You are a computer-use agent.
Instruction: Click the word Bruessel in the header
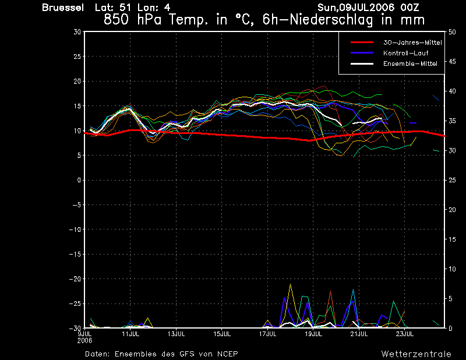point(63,8)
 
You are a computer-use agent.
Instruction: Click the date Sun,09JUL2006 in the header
point(356,8)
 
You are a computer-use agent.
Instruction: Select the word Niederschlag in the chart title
point(331,20)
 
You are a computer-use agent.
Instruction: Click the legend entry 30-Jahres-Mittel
point(412,43)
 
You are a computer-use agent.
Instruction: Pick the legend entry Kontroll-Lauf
point(405,53)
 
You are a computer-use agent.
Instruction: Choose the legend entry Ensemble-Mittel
point(410,63)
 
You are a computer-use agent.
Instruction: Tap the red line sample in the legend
point(362,43)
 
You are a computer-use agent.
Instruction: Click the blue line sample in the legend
point(362,53)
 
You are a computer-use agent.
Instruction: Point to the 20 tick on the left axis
point(77,81)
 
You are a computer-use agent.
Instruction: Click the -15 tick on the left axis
point(75,255)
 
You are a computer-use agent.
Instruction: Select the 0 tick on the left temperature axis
point(79,180)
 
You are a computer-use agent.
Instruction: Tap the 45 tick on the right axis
point(452,62)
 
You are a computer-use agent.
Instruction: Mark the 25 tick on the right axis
point(452,180)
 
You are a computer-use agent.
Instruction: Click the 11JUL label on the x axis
point(130,334)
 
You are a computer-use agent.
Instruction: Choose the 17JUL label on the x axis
point(267,334)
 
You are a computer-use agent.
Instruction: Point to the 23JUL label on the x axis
point(404,334)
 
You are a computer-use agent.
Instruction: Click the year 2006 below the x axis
point(84,341)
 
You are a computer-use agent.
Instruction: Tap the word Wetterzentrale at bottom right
point(416,354)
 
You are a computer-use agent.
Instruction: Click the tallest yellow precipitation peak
point(290,284)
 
